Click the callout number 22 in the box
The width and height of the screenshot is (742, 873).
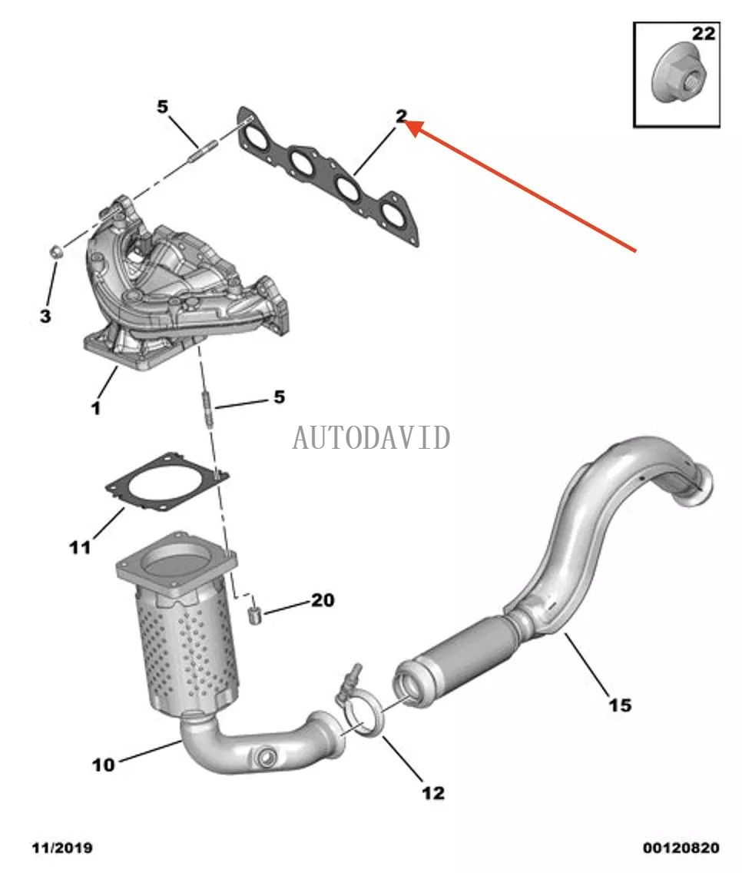coord(703,34)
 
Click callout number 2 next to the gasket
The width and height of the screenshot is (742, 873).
coord(400,116)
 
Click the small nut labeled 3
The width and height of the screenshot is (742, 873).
coord(55,251)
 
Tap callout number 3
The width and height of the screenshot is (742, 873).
coord(45,315)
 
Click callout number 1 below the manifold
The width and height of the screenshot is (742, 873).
coord(95,408)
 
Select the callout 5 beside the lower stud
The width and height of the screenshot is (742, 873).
coord(280,397)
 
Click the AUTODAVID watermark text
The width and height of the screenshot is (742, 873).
coord(371,437)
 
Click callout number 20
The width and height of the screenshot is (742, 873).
coord(323,599)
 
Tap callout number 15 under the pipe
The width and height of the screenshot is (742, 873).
coord(620,703)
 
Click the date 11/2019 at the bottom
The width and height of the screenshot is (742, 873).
coord(62,848)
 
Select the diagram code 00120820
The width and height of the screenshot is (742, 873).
coord(681,848)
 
